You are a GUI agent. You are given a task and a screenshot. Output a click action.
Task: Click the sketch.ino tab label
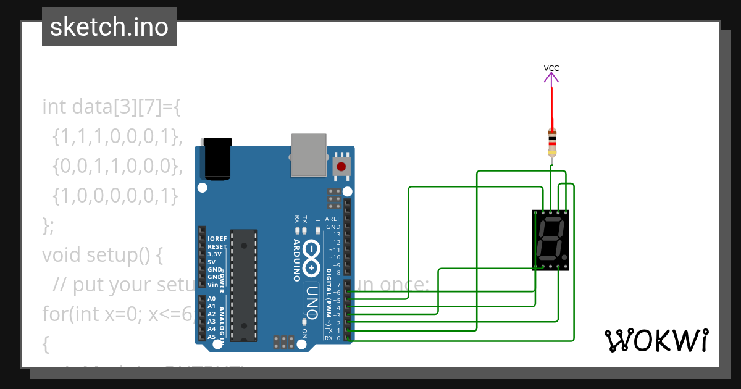(x=109, y=27)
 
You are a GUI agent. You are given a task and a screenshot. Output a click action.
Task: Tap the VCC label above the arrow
(x=551, y=68)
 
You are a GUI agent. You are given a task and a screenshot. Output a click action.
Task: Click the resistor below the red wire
(x=552, y=143)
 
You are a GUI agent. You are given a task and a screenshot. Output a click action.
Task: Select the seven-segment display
(x=550, y=240)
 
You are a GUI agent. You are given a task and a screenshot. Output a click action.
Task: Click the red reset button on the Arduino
(x=341, y=166)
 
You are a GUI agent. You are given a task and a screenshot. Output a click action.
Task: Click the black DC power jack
(x=217, y=159)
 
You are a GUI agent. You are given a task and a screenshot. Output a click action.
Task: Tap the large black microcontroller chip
(x=244, y=284)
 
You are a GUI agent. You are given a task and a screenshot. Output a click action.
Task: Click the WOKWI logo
(x=656, y=340)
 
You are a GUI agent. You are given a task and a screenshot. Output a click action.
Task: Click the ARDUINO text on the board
(x=298, y=260)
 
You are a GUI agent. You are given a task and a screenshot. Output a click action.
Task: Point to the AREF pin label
(x=332, y=219)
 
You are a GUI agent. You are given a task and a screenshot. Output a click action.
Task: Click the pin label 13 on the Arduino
(x=336, y=235)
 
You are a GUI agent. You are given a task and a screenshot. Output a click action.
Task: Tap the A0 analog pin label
(x=212, y=298)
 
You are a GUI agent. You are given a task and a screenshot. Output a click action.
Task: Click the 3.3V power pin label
(x=214, y=254)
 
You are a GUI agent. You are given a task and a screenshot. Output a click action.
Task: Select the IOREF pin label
(x=217, y=238)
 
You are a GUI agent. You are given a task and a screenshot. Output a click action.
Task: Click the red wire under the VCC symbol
(x=551, y=105)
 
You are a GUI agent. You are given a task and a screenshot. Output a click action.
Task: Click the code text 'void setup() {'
(x=102, y=254)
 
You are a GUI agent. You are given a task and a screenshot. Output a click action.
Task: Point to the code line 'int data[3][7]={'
(x=111, y=106)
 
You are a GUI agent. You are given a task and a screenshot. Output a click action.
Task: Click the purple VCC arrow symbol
(x=551, y=77)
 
